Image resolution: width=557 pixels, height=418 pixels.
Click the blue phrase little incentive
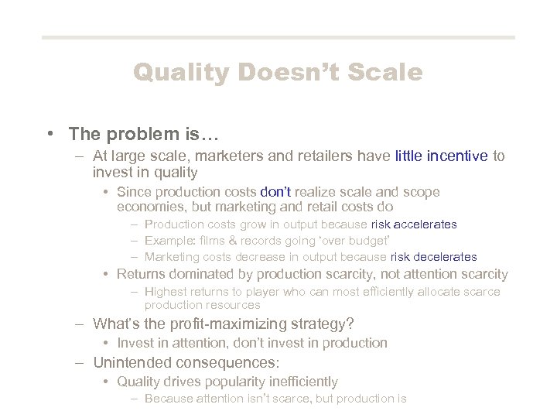tap(441, 156)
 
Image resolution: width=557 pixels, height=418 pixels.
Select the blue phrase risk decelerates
tap(433, 257)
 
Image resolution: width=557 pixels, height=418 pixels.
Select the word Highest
tap(166, 292)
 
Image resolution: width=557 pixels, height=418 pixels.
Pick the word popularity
tap(231, 382)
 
